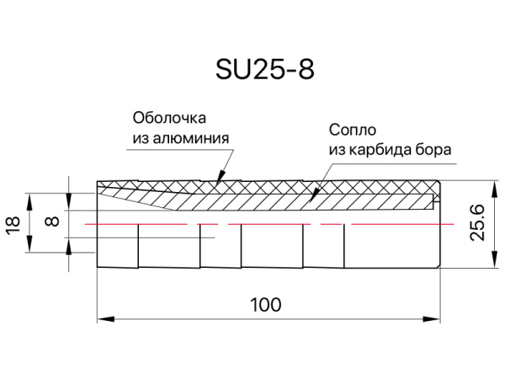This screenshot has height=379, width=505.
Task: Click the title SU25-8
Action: (x=265, y=70)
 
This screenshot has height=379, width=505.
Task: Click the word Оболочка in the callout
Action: (x=169, y=118)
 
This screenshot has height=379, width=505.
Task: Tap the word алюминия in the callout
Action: (x=191, y=139)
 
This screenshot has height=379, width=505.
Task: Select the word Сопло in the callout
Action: (x=353, y=130)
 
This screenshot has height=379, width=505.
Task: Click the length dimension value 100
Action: (x=266, y=305)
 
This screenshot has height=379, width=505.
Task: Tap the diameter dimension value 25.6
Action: (x=477, y=222)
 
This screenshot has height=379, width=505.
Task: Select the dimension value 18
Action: (x=13, y=224)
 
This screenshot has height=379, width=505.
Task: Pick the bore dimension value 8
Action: (x=52, y=222)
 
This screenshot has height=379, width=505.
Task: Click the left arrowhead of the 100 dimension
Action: (x=106, y=319)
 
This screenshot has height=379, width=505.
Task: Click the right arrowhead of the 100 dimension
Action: (x=432, y=319)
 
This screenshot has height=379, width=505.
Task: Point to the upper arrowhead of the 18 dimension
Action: (x=29, y=202)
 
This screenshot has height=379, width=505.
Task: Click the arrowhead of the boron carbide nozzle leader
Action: (x=314, y=195)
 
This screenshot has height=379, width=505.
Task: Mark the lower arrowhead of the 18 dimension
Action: (x=29, y=244)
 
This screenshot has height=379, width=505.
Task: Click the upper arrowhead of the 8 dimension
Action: (x=69, y=202)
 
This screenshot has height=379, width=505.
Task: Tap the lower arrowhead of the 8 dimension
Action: (x=69, y=247)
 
